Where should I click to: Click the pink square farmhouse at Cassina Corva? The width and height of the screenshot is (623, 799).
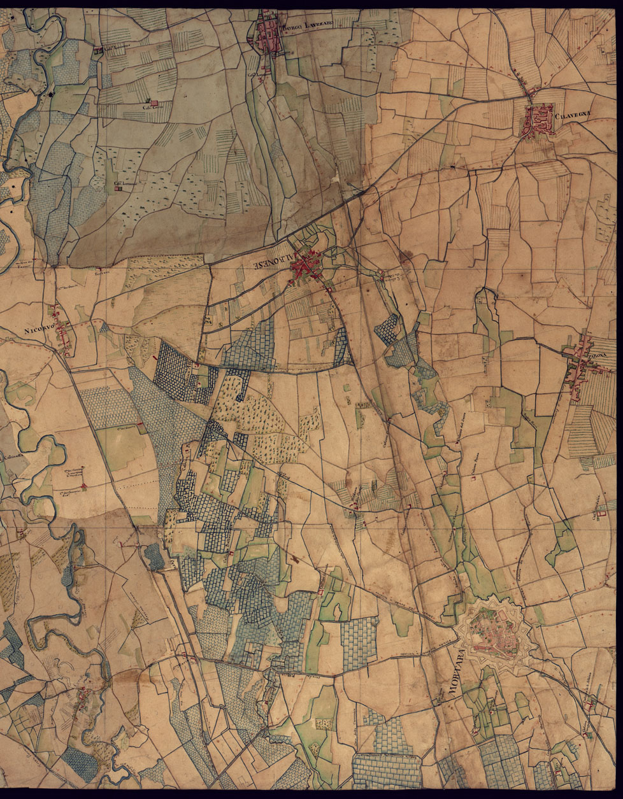click(153, 102)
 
